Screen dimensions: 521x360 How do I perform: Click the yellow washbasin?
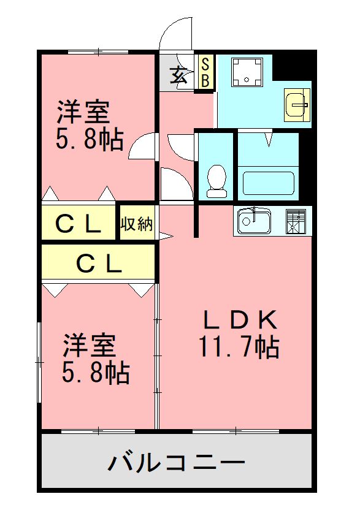[x=298, y=104]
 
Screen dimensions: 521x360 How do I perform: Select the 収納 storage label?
[x=136, y=224]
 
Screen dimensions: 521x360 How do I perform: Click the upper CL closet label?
[x=79, y=225]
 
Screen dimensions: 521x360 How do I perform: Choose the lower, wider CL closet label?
[x=98, y=264]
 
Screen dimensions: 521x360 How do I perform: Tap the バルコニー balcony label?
[x=177, y=462]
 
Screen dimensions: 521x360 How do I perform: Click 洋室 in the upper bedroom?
[x=84, y=112]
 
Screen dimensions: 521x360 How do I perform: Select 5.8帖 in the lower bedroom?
[x=95, y=371]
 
